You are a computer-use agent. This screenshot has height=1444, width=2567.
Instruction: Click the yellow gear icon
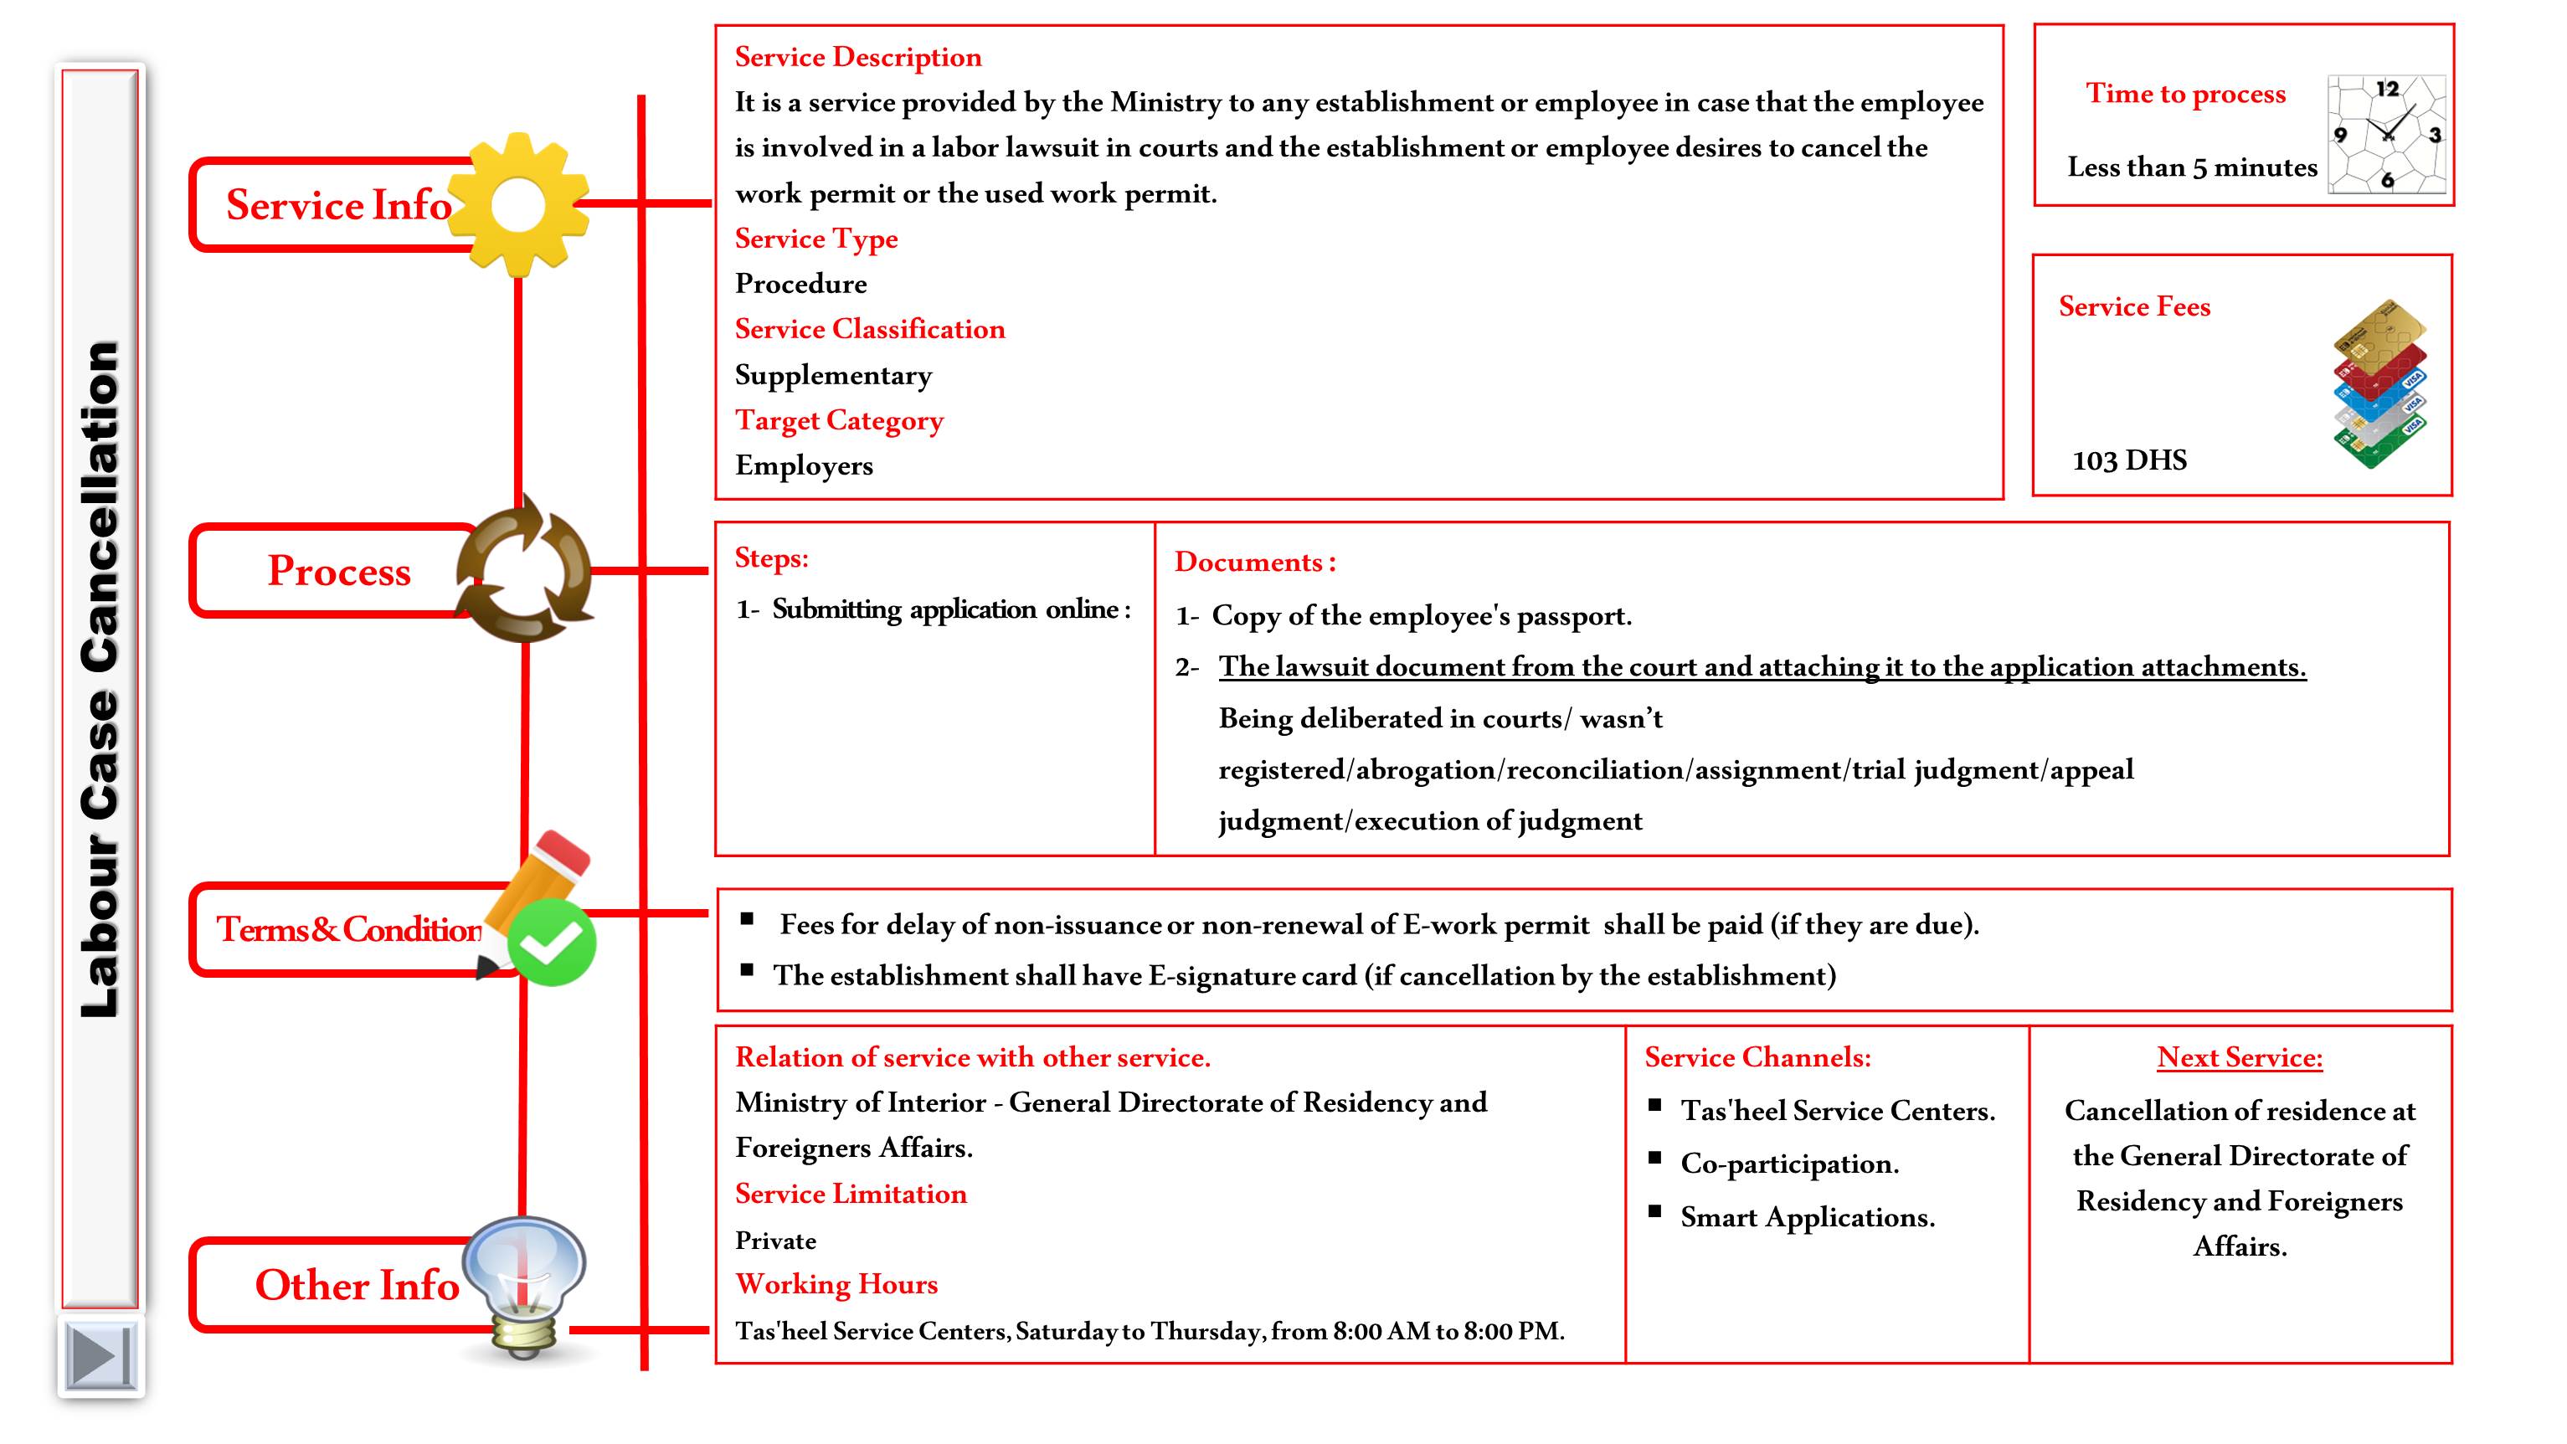[x=519, y=205]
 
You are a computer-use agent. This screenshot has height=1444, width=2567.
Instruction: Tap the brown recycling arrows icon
[x=524, y=569]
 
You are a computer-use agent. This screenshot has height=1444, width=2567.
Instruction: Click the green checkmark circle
[x=552, y=942]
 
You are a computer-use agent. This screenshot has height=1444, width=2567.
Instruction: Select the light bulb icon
[x=525, y=1286]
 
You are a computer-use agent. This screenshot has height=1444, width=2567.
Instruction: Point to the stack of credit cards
[x=2379, y=383]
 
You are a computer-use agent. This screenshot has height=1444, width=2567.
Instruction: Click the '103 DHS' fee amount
[x=2128, y=460]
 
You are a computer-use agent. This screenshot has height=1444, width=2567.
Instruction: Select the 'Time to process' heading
[x=2185, y=94]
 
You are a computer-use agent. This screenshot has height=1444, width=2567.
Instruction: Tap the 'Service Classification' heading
[x=869, y=329]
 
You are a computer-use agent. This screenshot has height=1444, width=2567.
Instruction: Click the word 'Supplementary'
[x=833, y=375]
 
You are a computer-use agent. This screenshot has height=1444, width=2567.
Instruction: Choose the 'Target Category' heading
[x=838, y=420]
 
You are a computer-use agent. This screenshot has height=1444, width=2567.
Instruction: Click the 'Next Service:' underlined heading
[x=2239, y=1057]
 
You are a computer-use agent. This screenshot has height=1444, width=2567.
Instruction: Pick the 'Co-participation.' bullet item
[x=1788, y=1164]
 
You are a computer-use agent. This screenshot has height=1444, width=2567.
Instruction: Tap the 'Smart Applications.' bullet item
[x=1807, y=1217]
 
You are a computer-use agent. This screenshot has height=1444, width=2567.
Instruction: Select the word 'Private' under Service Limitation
[x=775, y=1241]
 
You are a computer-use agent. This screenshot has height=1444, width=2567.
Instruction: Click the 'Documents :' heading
[x=1254, y=562]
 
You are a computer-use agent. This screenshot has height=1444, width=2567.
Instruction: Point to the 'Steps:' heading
[x=771, y=558]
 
